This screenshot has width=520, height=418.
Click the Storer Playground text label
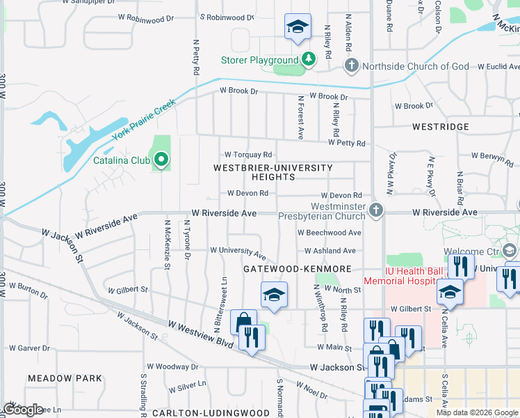260,60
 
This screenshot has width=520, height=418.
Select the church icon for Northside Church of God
352,66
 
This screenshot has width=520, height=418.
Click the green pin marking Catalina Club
161,160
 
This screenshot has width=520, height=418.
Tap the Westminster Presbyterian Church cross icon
376,210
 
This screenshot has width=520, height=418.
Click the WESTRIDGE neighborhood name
440,127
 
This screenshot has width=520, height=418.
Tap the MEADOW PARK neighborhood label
65,378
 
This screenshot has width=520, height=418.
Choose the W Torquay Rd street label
247,155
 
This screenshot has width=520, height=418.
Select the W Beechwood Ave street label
329,233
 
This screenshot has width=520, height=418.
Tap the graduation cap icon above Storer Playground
297,27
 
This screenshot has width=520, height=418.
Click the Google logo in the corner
23,410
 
